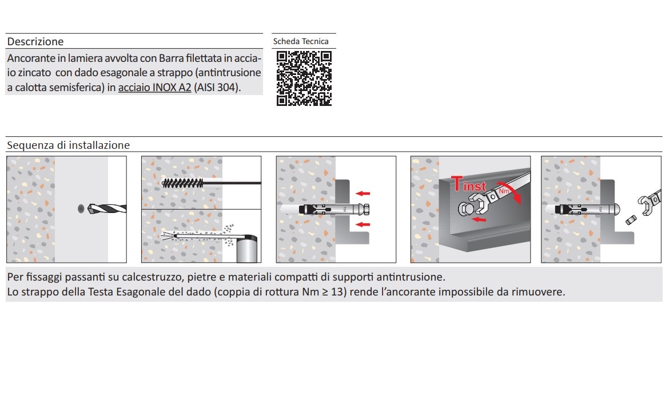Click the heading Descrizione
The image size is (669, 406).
(x=35, y=41)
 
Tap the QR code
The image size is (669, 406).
(x=304, y=78)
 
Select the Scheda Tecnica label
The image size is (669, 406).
(x=301, y=41)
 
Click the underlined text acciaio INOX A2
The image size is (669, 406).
(x=154, y=87)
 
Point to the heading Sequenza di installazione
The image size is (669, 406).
(x=68, y=145)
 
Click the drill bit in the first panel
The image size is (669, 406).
(x=107, y=208)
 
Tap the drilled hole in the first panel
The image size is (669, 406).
(x=81, y=208)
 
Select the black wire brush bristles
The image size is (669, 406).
(x=183, y=183)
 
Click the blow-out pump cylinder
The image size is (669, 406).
(x=246, y=250)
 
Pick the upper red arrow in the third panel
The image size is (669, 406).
(x=363, y=194)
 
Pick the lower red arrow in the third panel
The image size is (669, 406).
(x=363, y=224)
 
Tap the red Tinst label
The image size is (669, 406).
(x=468, y=184)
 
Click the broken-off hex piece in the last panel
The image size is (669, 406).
(x=631, y=220)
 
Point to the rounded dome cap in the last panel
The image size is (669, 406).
(x=616, y=210)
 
